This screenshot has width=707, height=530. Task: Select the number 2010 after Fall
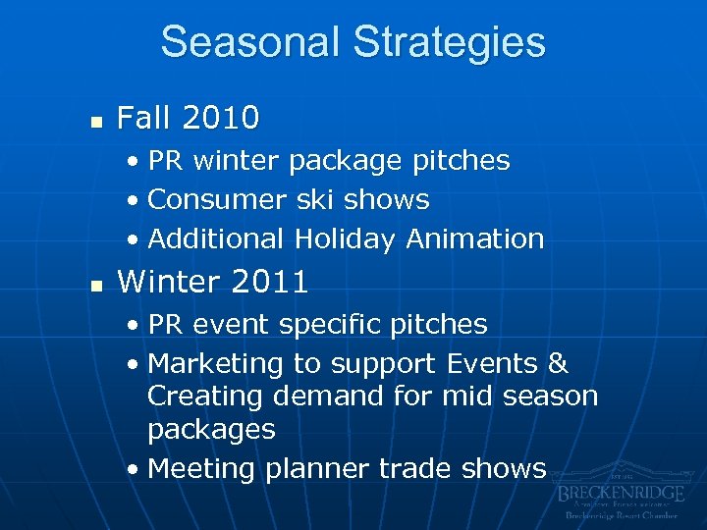pos(223,119)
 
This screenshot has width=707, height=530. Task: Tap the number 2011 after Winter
pos(271,283)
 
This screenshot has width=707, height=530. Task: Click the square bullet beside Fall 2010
pos(94,121)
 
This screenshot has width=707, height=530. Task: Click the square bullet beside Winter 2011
pos(94,285)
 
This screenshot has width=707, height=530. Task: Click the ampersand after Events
pos(558,363)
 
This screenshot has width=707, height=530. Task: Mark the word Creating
pos(206,397)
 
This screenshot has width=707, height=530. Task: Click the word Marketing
pos(215,363)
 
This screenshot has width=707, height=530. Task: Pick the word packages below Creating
pos(211,430)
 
